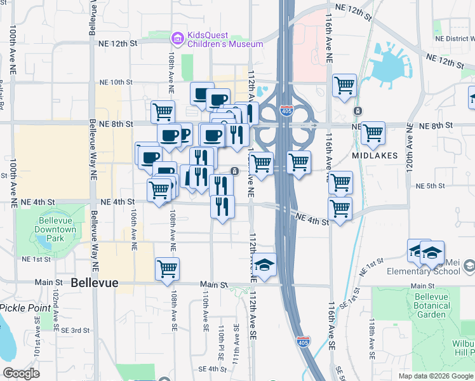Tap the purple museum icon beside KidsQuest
point(178,39)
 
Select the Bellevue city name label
point(95,283)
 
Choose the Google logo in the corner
point(21,373)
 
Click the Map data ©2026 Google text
point(435,376)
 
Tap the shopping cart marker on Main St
point(167,268)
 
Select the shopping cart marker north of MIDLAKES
point(373,133)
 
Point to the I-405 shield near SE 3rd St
point(304,342)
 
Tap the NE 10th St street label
point(116,83)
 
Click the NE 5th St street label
point(429,186)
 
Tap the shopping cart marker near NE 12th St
point(344,85)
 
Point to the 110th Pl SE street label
point(222,340)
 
